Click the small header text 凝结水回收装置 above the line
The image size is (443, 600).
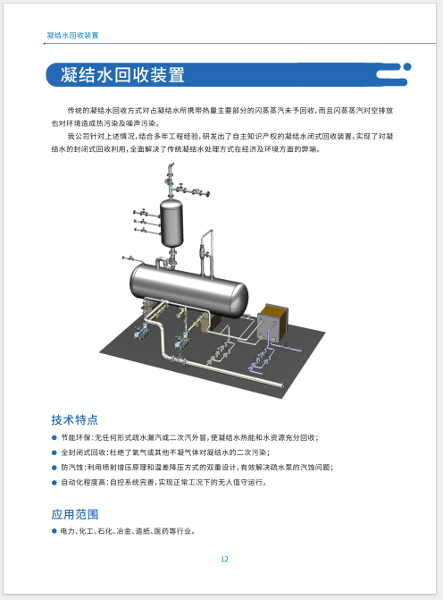(x=72, y=35)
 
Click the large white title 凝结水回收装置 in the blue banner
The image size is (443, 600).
(x=122, y=74)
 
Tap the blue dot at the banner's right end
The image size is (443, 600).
(x=407, y=66)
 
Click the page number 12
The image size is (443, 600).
(x=224, y=559)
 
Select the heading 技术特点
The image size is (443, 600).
(x=74, y=419)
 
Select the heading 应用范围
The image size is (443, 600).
(x=74, y=514)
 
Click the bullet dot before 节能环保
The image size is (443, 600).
(x=54, y=437)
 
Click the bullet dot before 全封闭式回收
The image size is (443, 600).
(x=54, y=452)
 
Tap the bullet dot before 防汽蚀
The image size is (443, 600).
(x=54, y=468)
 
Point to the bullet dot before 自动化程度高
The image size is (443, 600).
(x=54, y=482)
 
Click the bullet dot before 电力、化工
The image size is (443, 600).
(x=54, y=531)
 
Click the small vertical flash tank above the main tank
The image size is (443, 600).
(x=171, y=223)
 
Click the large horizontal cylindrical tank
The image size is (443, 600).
(x=188, y=290)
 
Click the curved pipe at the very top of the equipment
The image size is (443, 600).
(x=170, y=167)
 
